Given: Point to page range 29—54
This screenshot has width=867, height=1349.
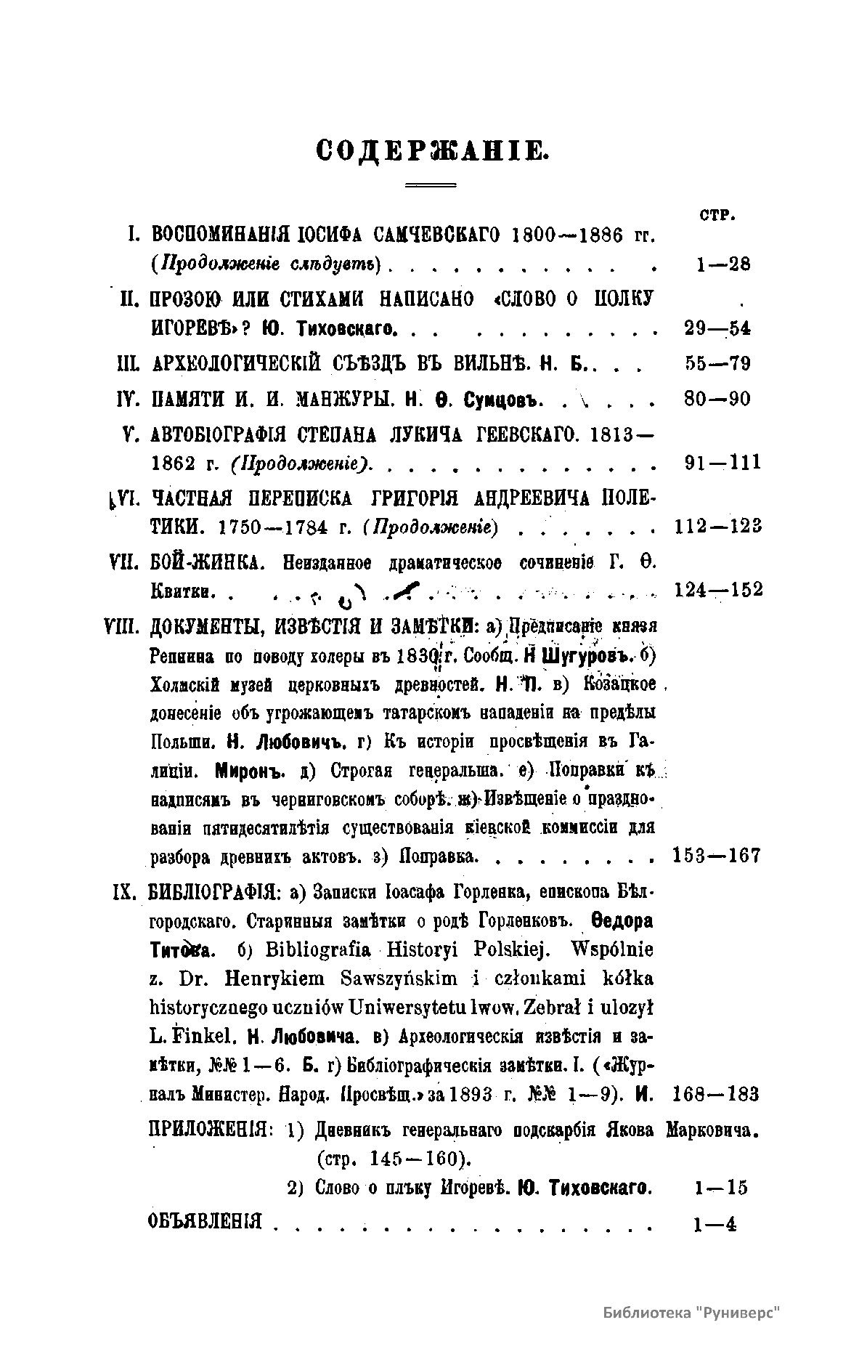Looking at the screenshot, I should coord(717,328).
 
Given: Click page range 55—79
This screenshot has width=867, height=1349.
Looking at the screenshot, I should coord(717,363).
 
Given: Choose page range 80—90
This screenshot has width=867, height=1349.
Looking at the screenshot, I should coord(717,399).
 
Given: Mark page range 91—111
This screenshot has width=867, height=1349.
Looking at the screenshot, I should coord(722,463).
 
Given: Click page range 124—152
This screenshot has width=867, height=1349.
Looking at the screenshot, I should coord(718,590).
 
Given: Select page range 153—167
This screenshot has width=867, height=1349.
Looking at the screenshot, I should coord(717,856).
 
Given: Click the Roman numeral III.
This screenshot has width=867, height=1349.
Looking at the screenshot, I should coord(128,363).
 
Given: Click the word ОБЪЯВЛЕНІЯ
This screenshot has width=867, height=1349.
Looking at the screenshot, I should coord(204,1221).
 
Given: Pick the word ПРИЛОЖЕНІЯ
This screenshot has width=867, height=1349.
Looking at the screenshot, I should coord(210,1130).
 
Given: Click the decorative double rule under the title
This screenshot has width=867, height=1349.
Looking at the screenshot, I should coord(430,186).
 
